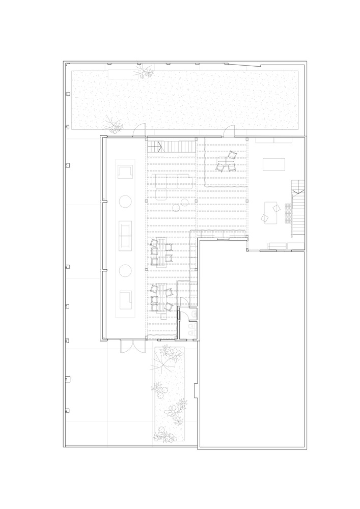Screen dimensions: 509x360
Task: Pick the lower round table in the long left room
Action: pos(125,270)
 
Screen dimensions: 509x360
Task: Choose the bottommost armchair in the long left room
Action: pos(125,299)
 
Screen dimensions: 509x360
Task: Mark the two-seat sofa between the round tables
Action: pos(125,235)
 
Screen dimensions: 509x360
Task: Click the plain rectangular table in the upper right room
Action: pos(274,164)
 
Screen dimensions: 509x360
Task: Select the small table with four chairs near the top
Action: pos(225,162)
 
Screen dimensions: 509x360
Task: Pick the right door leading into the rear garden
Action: pos(228,132)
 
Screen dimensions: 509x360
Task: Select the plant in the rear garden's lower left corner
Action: pos(113,124)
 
